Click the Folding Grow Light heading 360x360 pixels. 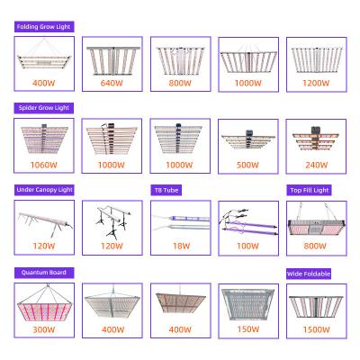(43, 27)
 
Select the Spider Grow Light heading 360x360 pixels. (44, 108)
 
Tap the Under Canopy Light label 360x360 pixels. (44, 190)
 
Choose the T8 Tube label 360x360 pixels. (166, 190)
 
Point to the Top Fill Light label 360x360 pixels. (310, 190)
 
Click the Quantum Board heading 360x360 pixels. (44, 273)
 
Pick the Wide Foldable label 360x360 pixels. (309, 274)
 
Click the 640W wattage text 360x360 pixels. (112, 83)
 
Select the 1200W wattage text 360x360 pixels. (316, 83)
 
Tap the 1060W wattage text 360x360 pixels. (44, 165)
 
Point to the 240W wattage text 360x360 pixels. (317, 165)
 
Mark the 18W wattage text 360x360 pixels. (181, 246)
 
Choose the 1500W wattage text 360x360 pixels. (316, 329)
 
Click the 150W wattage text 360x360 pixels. (248, 329)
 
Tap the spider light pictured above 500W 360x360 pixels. (248, 140)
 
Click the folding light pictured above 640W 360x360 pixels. (112, 60)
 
